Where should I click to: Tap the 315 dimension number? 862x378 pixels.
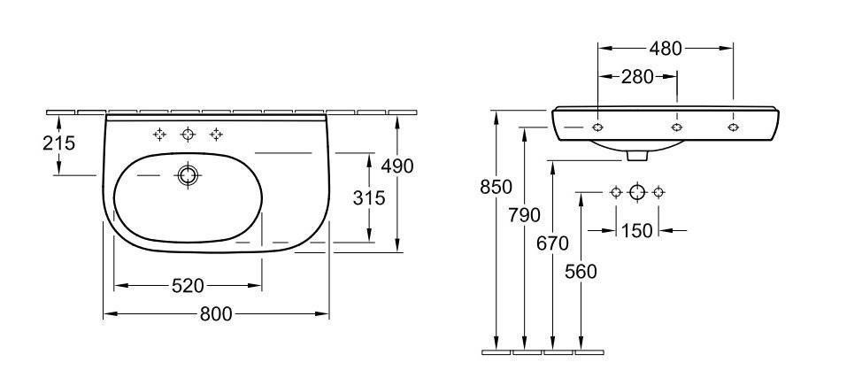pos(369,197)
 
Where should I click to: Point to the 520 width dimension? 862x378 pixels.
pos(188,285)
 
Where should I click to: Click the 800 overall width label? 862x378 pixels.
pos(215,313)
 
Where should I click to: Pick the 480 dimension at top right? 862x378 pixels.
pos(665,49)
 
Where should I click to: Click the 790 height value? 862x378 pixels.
pos(526,213)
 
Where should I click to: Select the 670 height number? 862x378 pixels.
pos(554,243)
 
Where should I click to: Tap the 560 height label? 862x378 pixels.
pos(581,272)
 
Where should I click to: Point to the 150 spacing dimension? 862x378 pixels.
pos(636,230)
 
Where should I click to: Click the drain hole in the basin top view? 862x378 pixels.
pos(187,175)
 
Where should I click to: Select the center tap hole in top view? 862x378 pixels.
pos(187,135)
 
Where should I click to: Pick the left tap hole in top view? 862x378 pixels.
pos(159,135)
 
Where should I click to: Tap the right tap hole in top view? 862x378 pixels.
pos(215,135)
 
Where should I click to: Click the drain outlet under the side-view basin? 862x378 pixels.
pos(636,156)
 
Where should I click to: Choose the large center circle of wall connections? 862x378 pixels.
pos(637,191)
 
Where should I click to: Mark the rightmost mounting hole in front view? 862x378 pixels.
pos(733,127)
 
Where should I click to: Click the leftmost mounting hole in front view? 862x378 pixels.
pos(598,127)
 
